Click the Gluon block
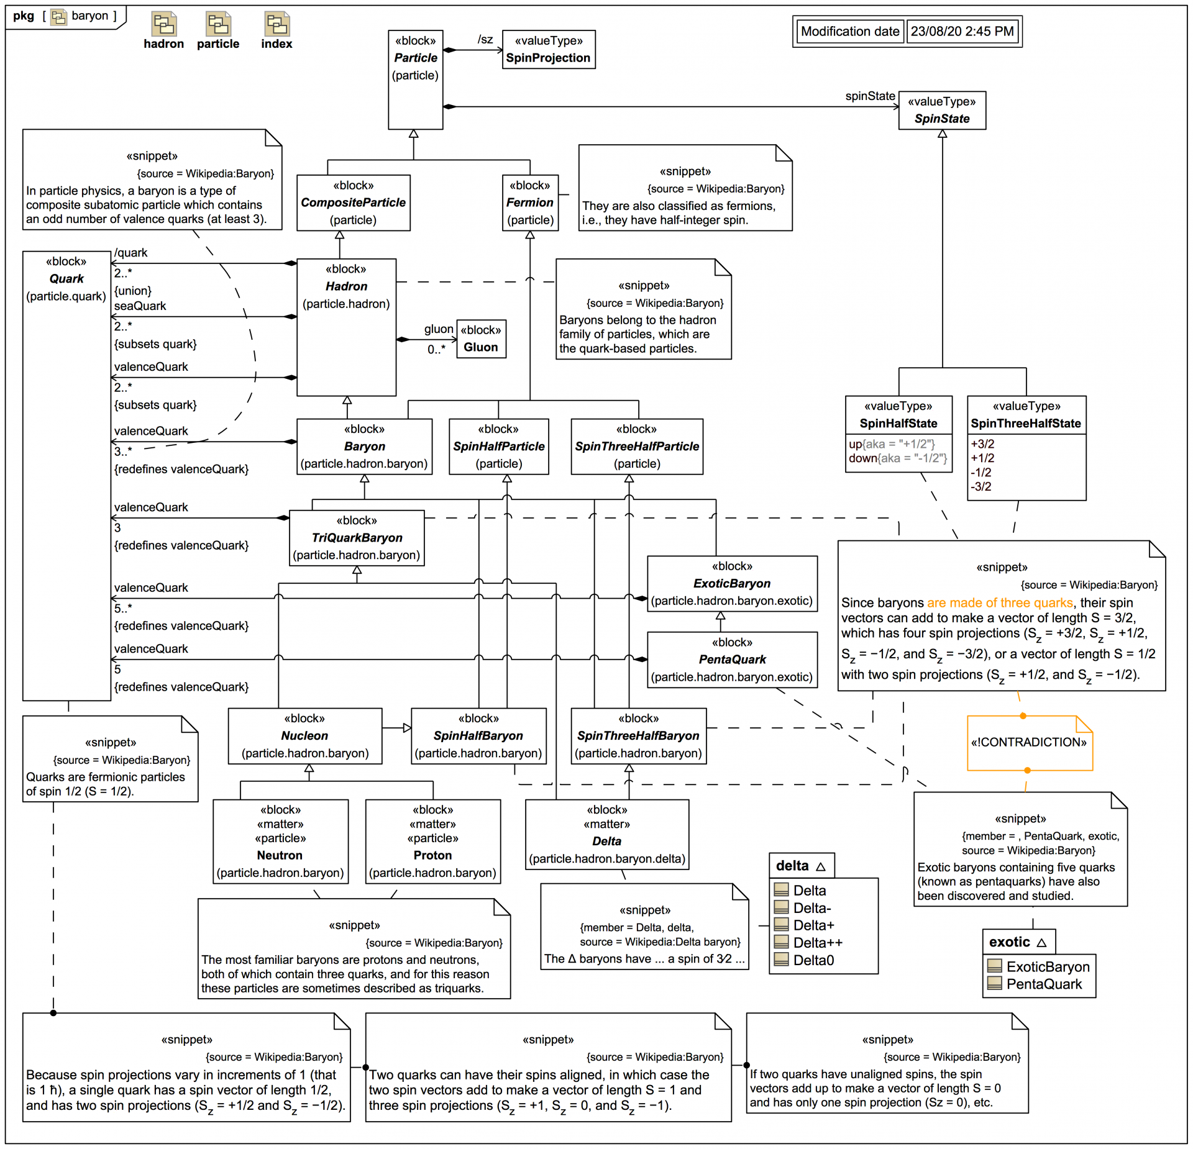pos(481,339)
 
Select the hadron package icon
pos(164,24)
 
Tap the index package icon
pos(277,24)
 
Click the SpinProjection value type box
pos(548,50)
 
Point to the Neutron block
pos(280,841)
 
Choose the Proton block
pos(432,841)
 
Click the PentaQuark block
pos(732,660)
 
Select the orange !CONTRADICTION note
pos(1029,743)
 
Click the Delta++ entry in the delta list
pos(817,943)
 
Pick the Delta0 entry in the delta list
pos(813,960)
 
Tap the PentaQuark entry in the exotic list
pos(1044,984)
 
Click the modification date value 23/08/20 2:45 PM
pos(962,32)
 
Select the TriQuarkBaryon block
pos(357,538)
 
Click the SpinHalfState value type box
pos(898,434)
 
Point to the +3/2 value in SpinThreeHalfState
pos(982,444)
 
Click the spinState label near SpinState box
pos(869,96)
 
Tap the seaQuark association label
pos(140,306)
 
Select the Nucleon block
pos(304,736)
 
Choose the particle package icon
pos(218,24)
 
